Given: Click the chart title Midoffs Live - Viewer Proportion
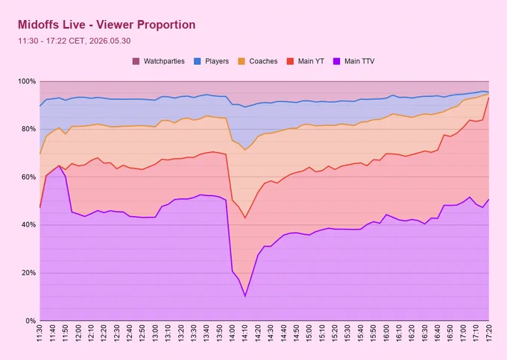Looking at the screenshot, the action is (107, 25).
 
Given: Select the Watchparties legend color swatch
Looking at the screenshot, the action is (136, 61).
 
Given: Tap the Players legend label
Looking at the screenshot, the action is (217, 61).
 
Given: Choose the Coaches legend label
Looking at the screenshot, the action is (263, 61).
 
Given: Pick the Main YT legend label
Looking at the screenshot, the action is (311, 61).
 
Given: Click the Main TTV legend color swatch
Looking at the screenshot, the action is (336, 61).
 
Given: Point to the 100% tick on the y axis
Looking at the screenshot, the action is (27, 81).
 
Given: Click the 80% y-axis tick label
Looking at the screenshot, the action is (28, 129).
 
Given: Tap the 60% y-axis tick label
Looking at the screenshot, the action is (28, 177).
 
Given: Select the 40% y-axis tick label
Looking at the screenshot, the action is (28, 225).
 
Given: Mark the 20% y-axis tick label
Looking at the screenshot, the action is (28, 273).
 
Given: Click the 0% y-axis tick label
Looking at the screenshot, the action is (31, 321).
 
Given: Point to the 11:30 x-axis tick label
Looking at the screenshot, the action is (40, 333).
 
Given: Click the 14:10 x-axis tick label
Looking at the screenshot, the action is (245, 333).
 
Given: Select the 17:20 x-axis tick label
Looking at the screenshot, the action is (488, 333).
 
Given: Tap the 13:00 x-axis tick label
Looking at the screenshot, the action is (155, 333).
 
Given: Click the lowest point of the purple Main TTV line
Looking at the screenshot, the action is (245, 296).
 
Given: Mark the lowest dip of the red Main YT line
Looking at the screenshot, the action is (245, 218).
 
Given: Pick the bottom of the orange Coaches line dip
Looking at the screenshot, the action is (245, 150).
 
